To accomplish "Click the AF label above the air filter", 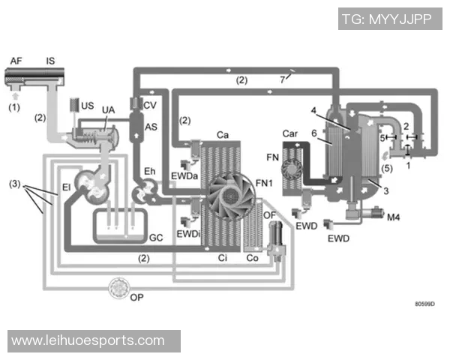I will tap(16, 61).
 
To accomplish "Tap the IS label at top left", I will tap(50, 61).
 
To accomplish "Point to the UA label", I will tap(108, 110).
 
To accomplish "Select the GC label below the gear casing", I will tap(156, 237).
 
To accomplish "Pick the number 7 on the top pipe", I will tap(283, 78).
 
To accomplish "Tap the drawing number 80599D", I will tap(424, 304).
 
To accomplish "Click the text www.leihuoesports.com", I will tap(88, 341).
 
